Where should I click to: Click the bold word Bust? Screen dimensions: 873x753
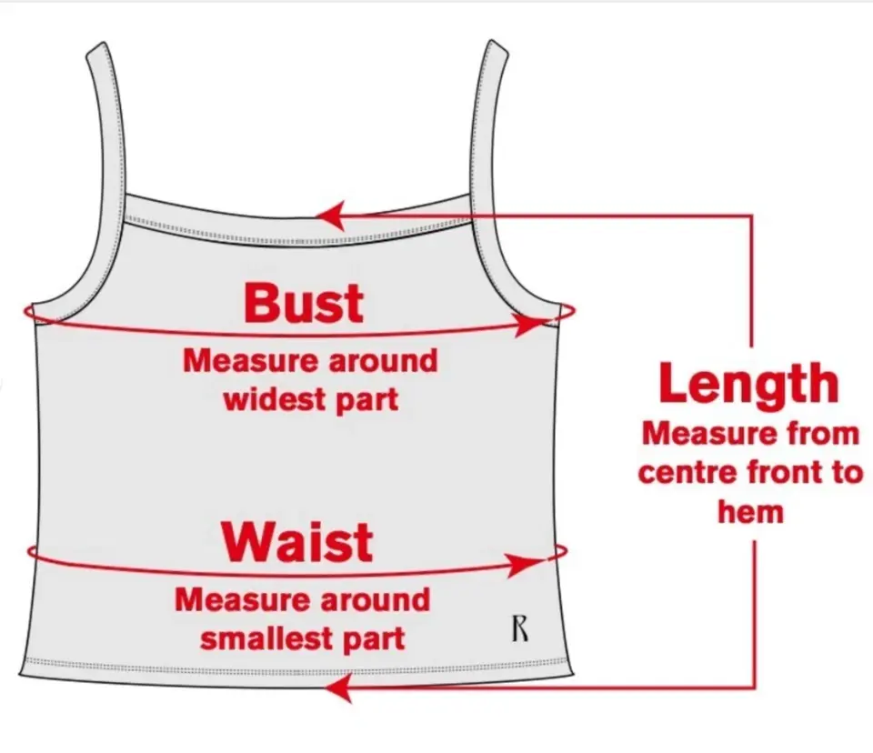coord(304,303)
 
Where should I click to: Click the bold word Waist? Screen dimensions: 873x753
coord(297,542)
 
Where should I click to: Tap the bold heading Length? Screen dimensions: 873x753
coord(748,386)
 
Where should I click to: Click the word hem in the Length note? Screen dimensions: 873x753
coord(750,512)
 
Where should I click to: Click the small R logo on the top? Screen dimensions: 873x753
coord(519,628)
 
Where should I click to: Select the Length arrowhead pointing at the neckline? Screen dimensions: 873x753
coord(331,216)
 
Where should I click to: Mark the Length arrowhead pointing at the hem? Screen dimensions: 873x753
coord(339,688)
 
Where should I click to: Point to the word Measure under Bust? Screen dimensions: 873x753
coord(250,361)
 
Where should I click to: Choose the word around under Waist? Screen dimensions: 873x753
coord(376,600)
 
